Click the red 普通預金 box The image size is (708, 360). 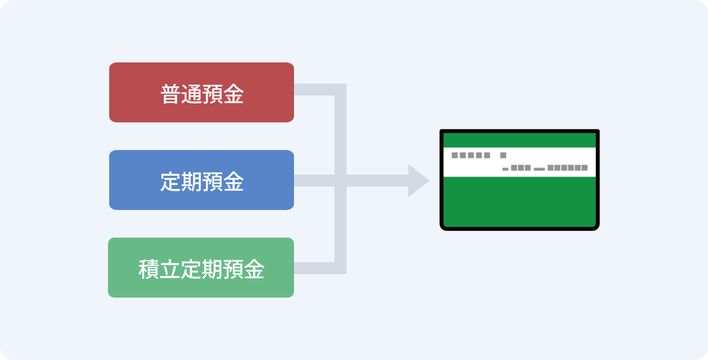click(x=202, y=92)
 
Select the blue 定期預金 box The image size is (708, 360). click(x=202, y=180)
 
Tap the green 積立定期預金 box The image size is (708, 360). click(x=201, y=268)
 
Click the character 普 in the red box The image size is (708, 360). click(x=170, y=95)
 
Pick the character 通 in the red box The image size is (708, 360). click(x=191, y=95)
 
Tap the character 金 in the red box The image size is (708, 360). click(x=233, y=95)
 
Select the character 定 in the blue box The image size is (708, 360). click(x=170, y=182)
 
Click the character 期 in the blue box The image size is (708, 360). click(x=191, y=182)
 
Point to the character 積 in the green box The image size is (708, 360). click(x=149, y=269)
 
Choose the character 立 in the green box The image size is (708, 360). click(x=170, y=269)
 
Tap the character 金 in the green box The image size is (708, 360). click(x=254, y=269)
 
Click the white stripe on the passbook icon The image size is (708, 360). click(x=519, y=162)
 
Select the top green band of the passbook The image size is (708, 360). click(x=519, y=140)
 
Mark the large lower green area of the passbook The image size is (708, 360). click(x=519, y=202)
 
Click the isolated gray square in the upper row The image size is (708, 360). click(x=503, y=155)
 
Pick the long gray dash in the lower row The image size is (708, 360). click(x=539, y=169)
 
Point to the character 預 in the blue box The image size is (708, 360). click(x=212, y=182)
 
